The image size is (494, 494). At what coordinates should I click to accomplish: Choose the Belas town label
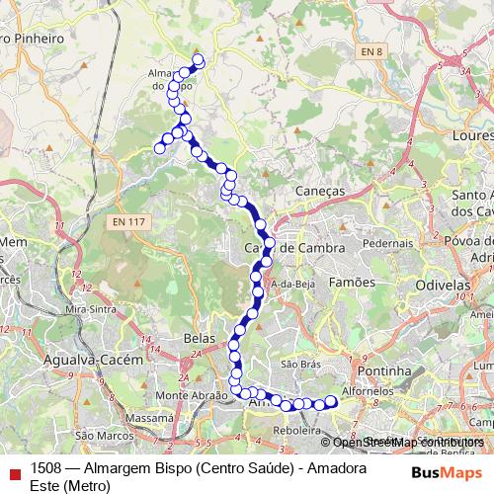pos(200,338)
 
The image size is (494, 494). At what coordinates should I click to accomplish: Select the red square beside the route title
pos(14,472)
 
